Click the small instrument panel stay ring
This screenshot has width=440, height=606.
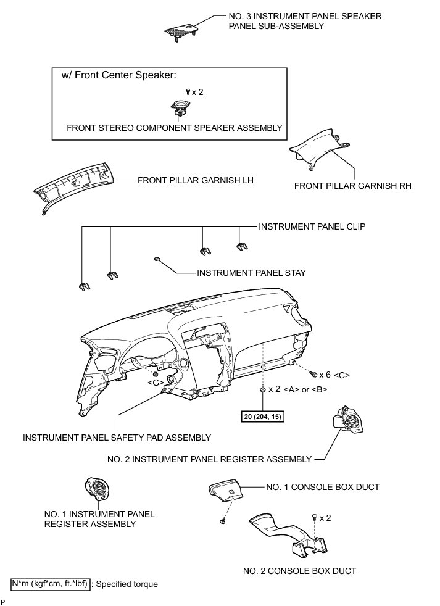(x=157, y=259)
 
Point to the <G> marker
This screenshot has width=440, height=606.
(x=156, y=383)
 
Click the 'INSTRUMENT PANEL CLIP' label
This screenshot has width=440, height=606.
(x=312, y=226)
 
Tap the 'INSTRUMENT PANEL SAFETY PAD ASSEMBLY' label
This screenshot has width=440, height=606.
(x=117, y=438)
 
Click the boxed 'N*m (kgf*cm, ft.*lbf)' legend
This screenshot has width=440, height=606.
(x=51, y=583)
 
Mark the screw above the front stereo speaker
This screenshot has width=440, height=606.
(x=188, y=91)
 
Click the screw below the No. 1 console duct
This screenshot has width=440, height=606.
(x=221, y=522)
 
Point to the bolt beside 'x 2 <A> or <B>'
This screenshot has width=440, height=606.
(x=264, y=389)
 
